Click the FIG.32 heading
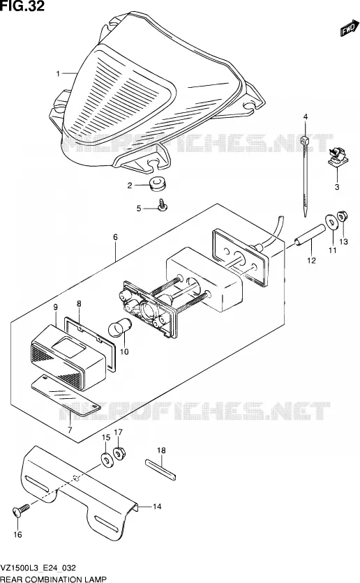(22, 6)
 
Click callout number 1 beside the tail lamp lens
(58, 74)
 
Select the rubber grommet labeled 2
(158, 183)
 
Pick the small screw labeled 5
(163, 205)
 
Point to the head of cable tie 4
(304, 142)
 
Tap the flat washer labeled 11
(330, 222)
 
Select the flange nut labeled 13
(343, 216)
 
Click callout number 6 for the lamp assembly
(115, 237)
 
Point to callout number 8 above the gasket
(79, 303)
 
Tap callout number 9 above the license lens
(55, 307)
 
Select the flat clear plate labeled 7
(66, 395)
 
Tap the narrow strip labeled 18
(160, 469)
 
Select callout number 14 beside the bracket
(157, 506)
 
